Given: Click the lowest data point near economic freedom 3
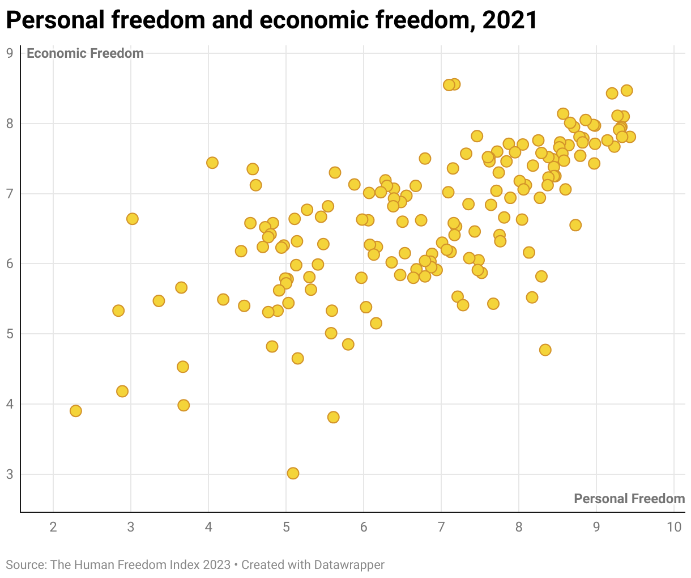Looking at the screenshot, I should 293,473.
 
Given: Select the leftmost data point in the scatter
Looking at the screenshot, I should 76,411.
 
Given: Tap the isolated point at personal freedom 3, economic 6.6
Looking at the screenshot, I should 132,219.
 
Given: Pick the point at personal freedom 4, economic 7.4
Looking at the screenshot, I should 212,163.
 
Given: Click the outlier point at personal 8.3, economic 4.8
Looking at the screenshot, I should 545,350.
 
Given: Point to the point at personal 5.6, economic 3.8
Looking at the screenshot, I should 334,417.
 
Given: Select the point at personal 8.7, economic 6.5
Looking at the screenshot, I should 575,225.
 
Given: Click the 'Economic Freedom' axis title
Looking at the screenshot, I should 85,53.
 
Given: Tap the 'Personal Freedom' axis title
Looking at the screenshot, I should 629,499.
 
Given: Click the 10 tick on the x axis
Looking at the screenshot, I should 673,527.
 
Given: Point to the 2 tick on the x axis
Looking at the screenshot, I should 53,527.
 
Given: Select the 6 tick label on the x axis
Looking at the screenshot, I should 364,527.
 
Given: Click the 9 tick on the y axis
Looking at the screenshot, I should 10,53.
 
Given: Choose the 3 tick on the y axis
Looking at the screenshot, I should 10,474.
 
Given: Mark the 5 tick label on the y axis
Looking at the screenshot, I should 10,334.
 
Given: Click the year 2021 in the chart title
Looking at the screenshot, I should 509,20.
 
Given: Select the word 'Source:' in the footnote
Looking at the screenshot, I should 26,565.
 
